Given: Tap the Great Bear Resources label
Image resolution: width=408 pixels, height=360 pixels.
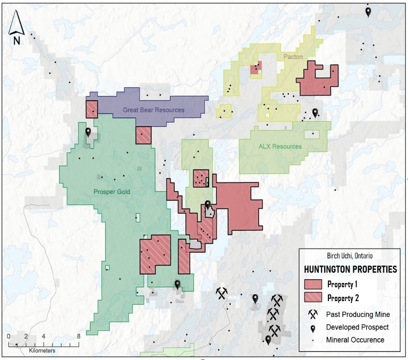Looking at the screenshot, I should (153, 110).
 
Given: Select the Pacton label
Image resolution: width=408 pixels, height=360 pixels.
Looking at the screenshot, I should (293, 57).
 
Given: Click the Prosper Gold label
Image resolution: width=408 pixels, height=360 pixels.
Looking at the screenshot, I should (112, 192).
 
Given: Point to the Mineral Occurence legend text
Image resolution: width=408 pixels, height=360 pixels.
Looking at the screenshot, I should (355, 340).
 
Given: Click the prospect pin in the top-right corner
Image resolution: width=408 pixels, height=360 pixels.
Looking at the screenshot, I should (368, 11).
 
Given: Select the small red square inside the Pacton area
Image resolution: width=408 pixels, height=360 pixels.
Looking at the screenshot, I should (256, 68).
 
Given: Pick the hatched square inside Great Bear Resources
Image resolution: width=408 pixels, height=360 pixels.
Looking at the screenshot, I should (91, 109).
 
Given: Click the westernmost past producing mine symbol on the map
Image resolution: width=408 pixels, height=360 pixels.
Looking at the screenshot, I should (221, 292).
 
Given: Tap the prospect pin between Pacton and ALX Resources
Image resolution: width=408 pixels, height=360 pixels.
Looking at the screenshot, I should (315, 112).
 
